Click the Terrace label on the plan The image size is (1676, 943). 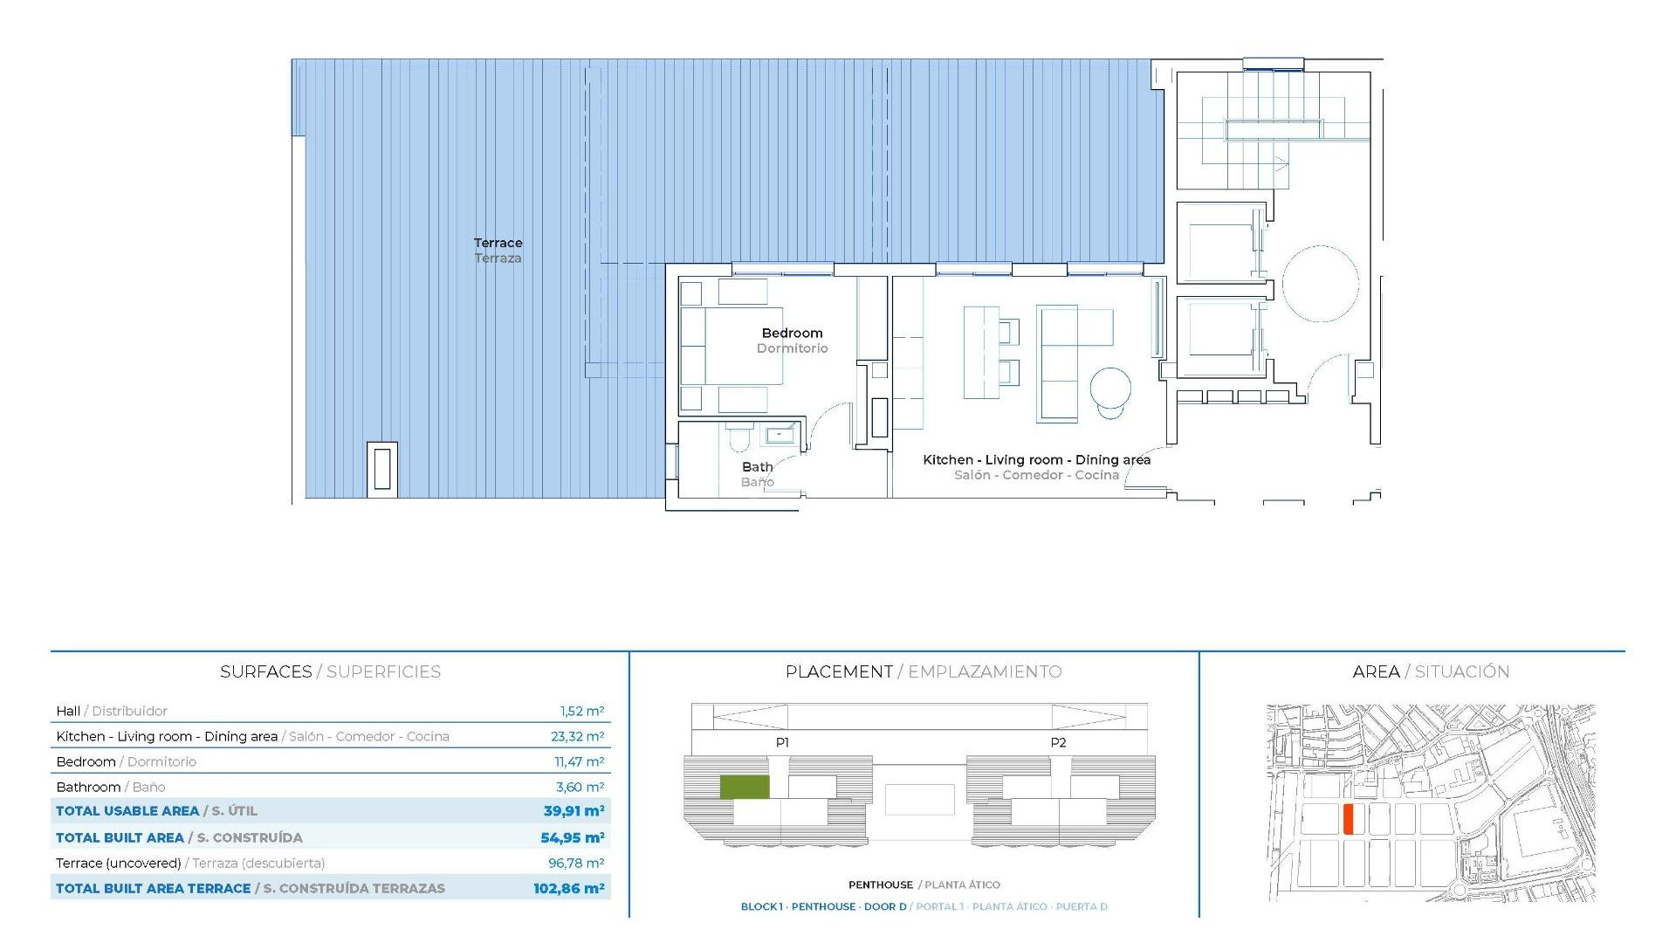(x=498, y=244)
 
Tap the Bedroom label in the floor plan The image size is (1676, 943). (x=792, y=333)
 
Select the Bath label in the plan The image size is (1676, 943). (x=757, y=467)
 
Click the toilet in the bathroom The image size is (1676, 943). (x=738, y=436)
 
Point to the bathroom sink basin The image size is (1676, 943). (x=780, y=434)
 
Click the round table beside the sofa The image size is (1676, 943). (x=1110, y=388)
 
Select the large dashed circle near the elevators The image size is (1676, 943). (x=1320, y=284)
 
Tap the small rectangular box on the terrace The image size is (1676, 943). (x=382, y=467)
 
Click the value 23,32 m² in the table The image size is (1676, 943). (x=577, y=736)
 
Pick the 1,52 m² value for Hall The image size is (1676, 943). (x=581, y=711)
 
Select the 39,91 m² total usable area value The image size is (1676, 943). (x=574, y=811)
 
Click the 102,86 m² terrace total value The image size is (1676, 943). (x=568, y=888)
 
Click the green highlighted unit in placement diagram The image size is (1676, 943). (x=745, y=787)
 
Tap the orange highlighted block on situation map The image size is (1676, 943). (x=1348, y=819)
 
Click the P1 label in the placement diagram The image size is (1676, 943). (x=782, y=742)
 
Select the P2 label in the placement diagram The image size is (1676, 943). (x=1058, y=742)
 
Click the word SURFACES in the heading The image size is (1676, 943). (x=265, y=671)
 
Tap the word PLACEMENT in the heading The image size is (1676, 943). (x=838, y=671)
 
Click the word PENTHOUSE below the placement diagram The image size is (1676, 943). (x=880, y=884)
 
